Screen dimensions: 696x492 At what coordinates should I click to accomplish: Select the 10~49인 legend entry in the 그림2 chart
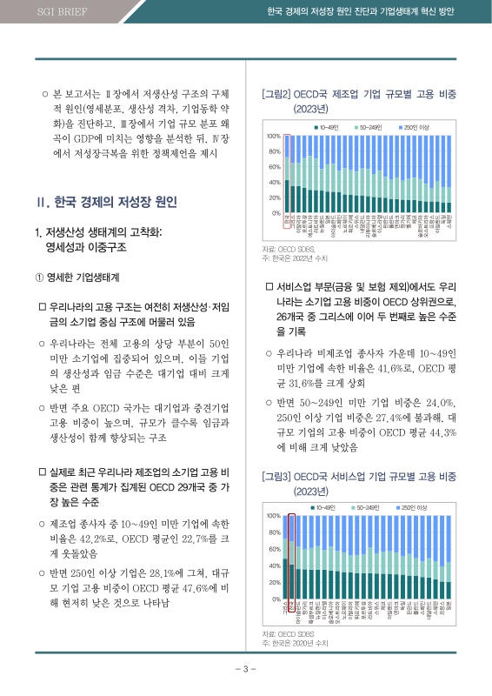[327, 128]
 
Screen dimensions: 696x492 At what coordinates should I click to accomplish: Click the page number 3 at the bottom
[246, 669]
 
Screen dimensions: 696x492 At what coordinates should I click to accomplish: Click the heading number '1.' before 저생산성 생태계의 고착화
[37, 232]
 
